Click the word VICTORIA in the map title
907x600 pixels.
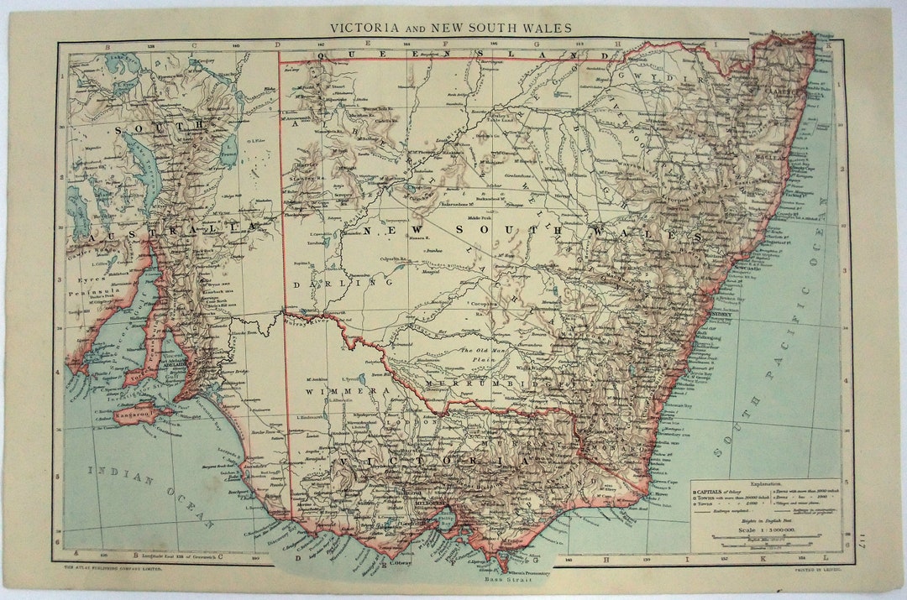(x=364, y=28)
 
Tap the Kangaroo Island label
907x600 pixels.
(x=134, y=413)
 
